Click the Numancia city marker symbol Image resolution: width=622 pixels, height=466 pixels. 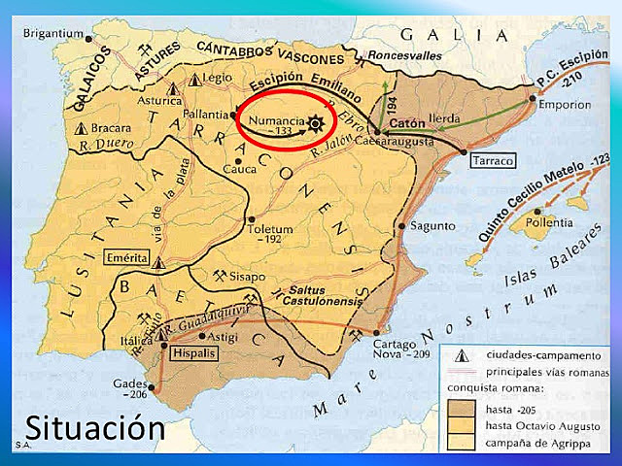coord(314,122)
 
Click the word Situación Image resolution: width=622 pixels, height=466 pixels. coord(93,427)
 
